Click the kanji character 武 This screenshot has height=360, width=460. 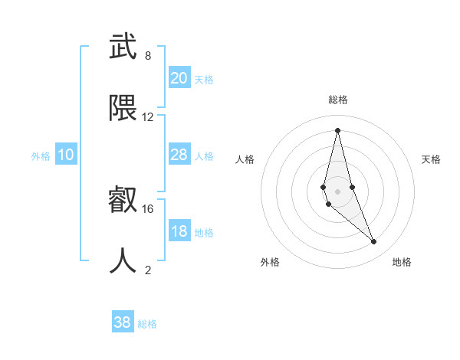pyautogui.click(x=123, y=48)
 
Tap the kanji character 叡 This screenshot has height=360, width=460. pyautogui.click(x=123, y=200)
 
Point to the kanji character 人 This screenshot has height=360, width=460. pyautogui.click(x=123, y=260)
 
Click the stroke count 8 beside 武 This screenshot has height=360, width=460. pyautogui.click(x=148, y=56)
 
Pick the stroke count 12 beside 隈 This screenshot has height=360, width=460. pyautogui.click(x=148, y=117)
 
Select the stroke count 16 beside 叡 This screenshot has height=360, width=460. pyautogui.click(x=148, y=208)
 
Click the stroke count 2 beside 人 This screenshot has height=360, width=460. pyautogui.click(x=148, y=270)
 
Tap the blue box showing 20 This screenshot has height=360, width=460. pyautogui.click(x=179, y=78)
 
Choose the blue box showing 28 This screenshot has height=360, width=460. pyautogui.click(x=179, y=155)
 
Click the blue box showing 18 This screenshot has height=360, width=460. pyautogui.click(x=179, y=231)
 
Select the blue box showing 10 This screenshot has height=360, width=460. pyautogui.click(x=66, y=155)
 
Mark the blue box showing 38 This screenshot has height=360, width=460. pyautogui.click(x=123, y=322)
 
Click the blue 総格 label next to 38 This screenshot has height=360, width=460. pyautogui.click(x=147, y=324)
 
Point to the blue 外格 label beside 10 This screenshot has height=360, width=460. pyautogui.click(x=41, y=156)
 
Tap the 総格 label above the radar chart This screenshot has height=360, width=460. pyautogui.click(x=338, y=100)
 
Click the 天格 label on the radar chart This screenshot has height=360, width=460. pyautogui.click(x=431, y=159)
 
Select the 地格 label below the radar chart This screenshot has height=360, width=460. pyautogui.click(x=402, y=262)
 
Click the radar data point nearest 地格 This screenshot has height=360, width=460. pyautogui.click(x=374, y=242)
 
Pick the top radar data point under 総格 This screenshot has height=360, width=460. pyautogui.click(x=337, y=129)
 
